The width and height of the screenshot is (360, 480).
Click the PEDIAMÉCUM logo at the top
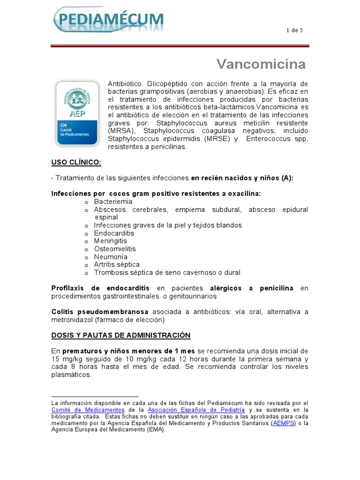tap(109, 19)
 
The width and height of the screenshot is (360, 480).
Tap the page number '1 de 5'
tap(294, 30)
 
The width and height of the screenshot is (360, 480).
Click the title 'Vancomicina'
tap(261, 64)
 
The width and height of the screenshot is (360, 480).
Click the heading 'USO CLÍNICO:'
tap(76, 163)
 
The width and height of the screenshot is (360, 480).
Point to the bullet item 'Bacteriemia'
tap(113, 202)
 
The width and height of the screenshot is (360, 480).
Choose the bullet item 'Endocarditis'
tap(114, 233)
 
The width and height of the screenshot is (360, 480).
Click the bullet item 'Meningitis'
tap(111, 241)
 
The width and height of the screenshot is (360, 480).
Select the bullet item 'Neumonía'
tap(111, 257)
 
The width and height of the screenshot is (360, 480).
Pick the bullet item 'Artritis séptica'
tap(117, 264)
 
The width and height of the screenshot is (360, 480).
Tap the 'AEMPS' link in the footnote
tap(284, 423)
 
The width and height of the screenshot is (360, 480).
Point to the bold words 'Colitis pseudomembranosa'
tap(99, 312)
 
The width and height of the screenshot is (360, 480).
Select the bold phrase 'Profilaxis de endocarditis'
tap(100, 288)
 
